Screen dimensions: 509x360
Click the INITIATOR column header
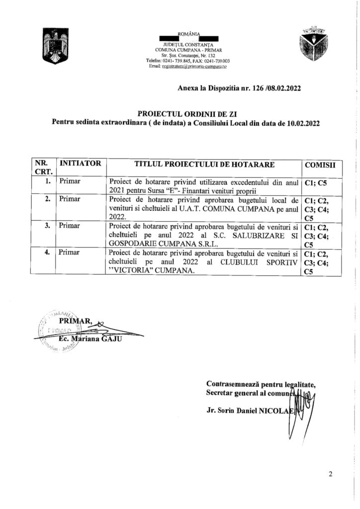pyautogui.click(x=80, y=163)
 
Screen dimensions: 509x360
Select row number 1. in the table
pyautogui.click(x=47, y=181)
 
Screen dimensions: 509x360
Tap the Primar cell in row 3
pyautogui.click(x=70, y=226)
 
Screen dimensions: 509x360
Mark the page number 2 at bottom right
pyautogui.click(x=330, y=474)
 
